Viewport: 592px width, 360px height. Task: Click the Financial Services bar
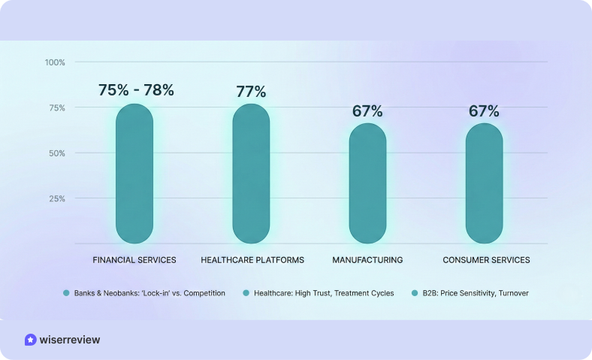pyautogui.click(x=134, y=174)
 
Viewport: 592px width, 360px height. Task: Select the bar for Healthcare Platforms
pyautogui.click(x=251, y=174)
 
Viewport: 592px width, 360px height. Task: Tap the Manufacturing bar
pyautogui.click(x=367, y=183)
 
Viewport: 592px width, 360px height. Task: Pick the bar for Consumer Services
pyautogui.click(x=484, y=183)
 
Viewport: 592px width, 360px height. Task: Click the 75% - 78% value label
pyautogui.click(x=136, y=90)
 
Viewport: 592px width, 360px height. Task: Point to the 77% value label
pyautogui.click(x=251, y=92)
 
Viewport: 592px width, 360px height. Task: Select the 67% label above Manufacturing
pyautogui.click(x=367, y=111)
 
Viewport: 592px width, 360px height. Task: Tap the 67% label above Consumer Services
pyautogui.click(x=484, y=111)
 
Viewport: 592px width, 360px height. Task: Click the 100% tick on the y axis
pyautogui.click(x=55, y=62)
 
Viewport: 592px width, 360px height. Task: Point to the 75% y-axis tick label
pyautogui.click(x=57, y=107)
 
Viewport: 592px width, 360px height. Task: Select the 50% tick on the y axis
pyautogui.click(x=57, y=153)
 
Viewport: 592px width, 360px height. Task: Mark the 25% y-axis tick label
pyautogui.click(x=57, y=198)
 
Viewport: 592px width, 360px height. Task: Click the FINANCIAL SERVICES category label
pyautogui.click(x=134, y=260)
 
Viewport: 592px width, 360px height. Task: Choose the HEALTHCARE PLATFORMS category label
pyautogui.click(x=252, y=260)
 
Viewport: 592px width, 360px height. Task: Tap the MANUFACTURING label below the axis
pyautogui.click(x=367, y=260)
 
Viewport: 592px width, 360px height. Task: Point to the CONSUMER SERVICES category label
pyautogui.click(x=486, y=260)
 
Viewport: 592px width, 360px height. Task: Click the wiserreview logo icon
pyautogui.click(x=30, y=340)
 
